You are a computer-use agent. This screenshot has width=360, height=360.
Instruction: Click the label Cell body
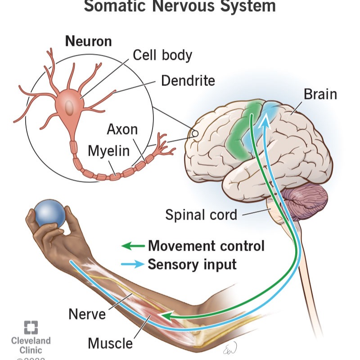coord(162,55)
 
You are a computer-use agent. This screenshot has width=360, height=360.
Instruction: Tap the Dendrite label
coord(188,81)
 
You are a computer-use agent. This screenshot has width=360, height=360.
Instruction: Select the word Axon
coord(122,130)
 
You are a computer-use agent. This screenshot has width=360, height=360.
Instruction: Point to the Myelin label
coord(108,151)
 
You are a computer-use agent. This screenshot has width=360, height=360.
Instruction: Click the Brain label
coord(320,94)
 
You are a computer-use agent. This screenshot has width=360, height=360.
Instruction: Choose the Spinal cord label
coord(201,214)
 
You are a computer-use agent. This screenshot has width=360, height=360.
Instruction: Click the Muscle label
coord(110,343)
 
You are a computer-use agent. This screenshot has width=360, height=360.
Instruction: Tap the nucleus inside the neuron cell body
coord(70,107)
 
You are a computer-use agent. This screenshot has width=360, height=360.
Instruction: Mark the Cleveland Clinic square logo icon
coord(31,327)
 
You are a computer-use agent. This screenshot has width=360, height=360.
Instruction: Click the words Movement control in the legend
coord(206,246)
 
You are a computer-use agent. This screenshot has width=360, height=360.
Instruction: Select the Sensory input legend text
coord(192,264)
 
